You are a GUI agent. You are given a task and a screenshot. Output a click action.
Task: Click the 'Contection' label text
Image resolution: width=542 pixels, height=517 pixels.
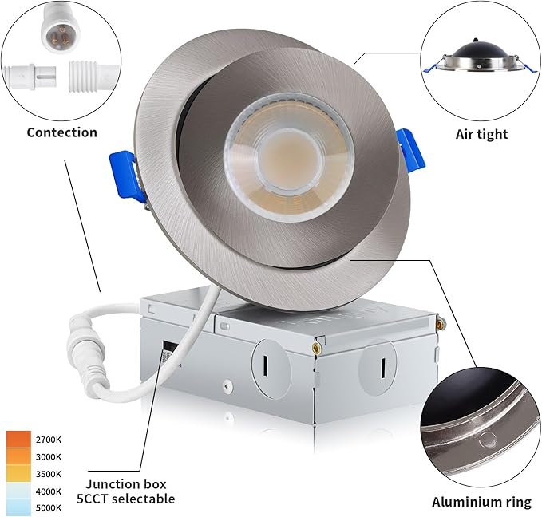click(x=61, y=132)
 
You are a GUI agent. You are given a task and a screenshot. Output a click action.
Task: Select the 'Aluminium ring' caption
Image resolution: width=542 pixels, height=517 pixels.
click(x=481, y=502)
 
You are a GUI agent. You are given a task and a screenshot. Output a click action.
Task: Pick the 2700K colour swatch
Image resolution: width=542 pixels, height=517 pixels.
click(x=18, y=440)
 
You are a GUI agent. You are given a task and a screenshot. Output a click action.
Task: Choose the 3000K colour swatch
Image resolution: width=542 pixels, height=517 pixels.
click(x=18, y=456)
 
